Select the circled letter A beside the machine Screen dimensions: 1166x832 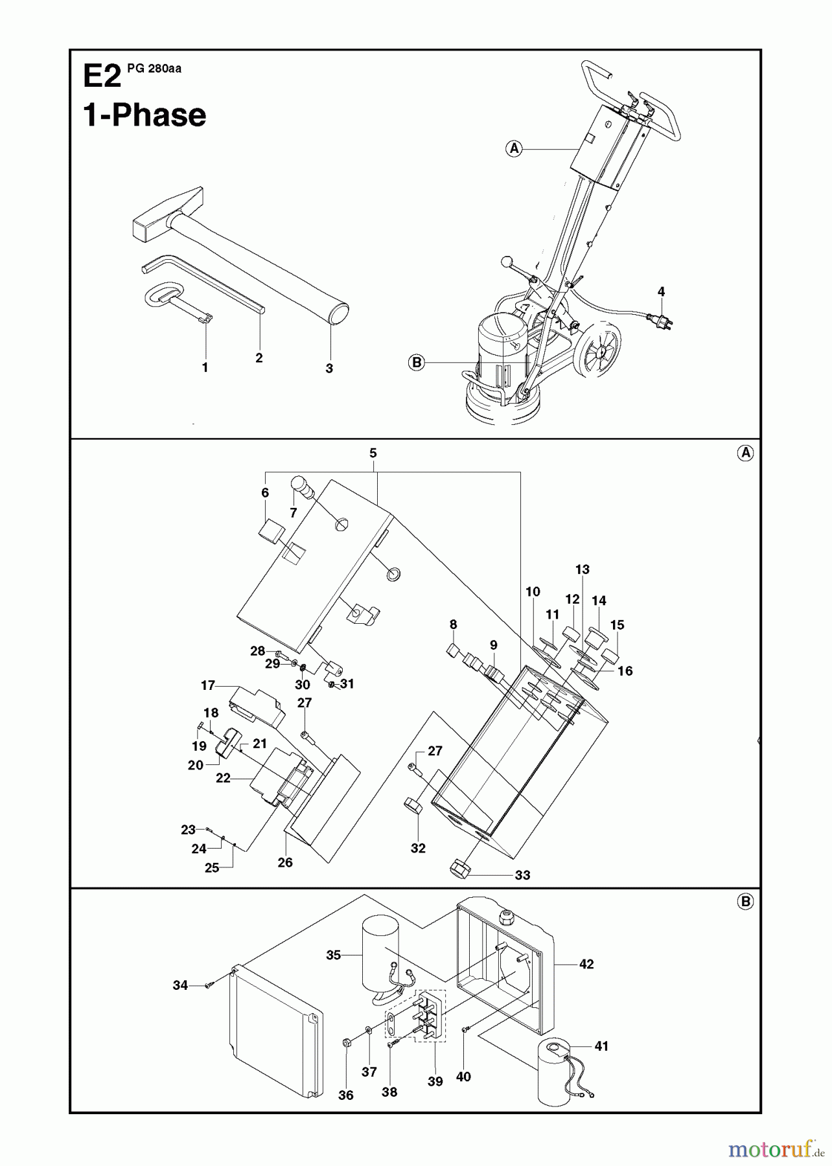[514, 148]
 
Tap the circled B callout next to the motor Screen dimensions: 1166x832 [417, 363]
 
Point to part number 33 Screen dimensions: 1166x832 [522, 875]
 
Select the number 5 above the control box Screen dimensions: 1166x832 [373, 453]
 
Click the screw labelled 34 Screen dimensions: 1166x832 [209, 985]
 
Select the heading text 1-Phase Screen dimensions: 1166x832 [144, 116]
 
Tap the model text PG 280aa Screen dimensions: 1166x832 [154, 69]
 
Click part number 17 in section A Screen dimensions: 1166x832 [207, 685]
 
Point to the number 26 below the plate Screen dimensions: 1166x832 [285, 862]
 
